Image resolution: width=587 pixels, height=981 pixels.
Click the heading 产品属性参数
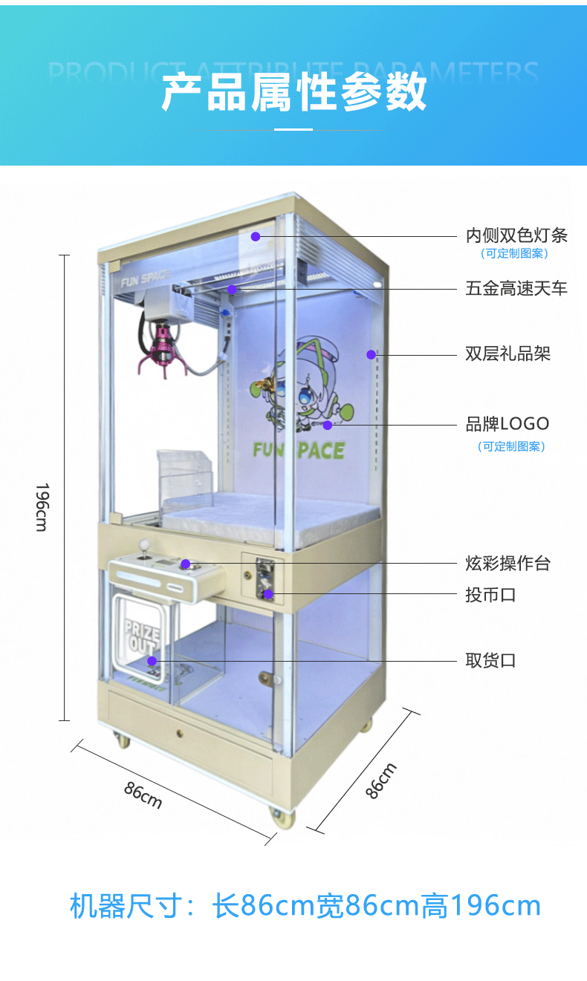click(x=293, y=93)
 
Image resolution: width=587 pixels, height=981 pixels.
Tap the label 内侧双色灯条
click(x=516, y=235)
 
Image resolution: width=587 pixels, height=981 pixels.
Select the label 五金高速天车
click(x=516, y=288)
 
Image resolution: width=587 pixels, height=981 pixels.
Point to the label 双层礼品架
click(x=507, y=353)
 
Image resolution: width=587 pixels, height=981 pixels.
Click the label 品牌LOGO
click(x=507, y=424)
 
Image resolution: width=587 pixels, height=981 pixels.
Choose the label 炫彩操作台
click(x=507, y=564)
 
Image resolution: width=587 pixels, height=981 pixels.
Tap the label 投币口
click(x=490, y=595)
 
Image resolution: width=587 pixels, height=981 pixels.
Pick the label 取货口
click(x=490, y=660)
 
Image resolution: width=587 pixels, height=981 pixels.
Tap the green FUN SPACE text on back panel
click(x=298, y=450)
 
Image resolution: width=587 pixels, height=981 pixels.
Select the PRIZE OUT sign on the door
click(x=141, y=639)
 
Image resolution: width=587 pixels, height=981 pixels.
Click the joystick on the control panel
click(x=146, y=548)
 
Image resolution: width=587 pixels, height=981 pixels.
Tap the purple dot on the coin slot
click(x=268, y=593)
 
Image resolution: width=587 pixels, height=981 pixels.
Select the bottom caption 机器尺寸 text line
click(x=305, y=906)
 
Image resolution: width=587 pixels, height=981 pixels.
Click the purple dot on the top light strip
click(x=255, y=236)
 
